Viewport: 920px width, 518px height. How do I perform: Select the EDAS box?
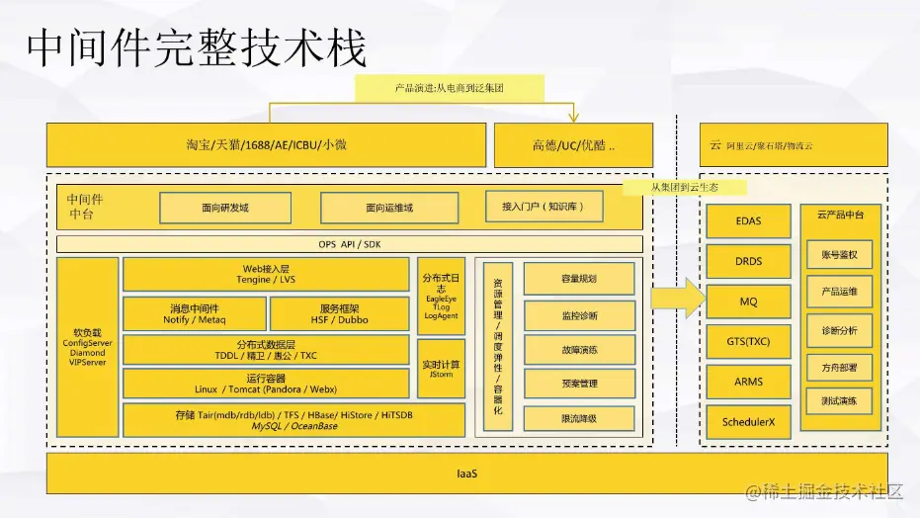click(748, 221)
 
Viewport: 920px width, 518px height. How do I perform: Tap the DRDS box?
click(748, 261)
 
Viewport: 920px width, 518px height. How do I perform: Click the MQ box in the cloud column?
click(748, 302)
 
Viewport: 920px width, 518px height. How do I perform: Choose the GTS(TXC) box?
click(748, 341)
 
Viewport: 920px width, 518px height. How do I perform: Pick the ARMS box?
click(748, 382)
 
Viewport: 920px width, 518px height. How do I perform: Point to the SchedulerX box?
click(748, 422)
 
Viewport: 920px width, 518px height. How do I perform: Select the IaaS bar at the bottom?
click(466, 474)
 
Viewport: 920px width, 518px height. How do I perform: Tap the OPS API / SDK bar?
click(349, 244)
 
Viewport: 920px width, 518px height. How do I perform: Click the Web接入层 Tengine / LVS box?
click(265, 274)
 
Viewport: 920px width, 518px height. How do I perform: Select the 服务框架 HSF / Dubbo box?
click(339, 313)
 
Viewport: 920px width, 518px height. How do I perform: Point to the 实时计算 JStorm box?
click(441, 369)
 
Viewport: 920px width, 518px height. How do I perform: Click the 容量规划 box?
click(578, 279)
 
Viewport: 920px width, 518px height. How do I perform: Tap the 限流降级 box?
click(578, 419)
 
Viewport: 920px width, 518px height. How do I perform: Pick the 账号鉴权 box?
click(839, 254)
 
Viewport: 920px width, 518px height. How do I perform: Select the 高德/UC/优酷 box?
click(573, 145)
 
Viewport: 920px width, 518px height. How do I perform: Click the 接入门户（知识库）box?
click(544, 207)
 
